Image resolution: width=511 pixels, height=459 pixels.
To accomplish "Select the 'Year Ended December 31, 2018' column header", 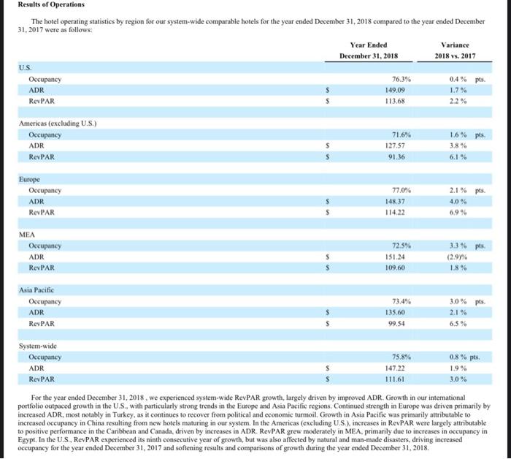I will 368,50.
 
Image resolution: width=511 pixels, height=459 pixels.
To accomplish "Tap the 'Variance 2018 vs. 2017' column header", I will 456,50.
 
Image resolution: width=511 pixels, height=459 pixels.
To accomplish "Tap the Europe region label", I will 30,179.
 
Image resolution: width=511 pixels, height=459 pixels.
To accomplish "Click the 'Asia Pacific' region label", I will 38,290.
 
